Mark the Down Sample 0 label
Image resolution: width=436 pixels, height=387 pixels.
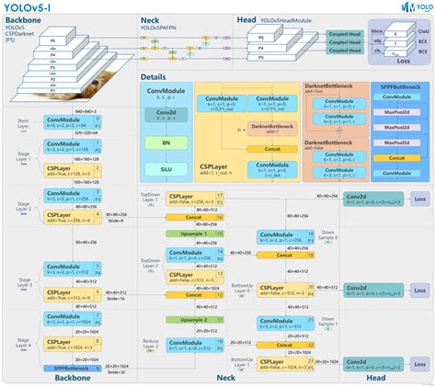coord(328,234)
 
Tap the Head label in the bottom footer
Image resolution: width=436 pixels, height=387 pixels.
coord(376,378)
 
